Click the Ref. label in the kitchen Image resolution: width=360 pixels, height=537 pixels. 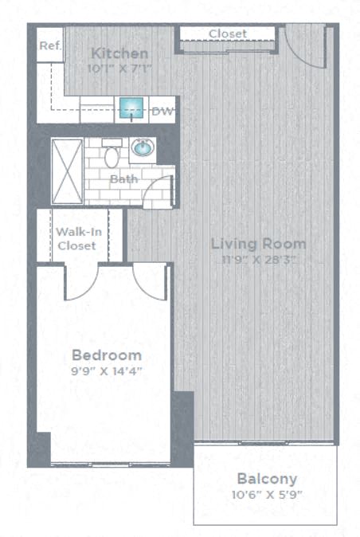pyautogui.click(x=49, y=46)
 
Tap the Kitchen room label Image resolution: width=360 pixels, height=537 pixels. pyautogui.click(x=119, y=54)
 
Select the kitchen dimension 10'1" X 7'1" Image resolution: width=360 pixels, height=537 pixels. pyautogui.click(x=119, y=69)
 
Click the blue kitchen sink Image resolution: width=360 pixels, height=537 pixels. pyautogui.click(x=132, y=109)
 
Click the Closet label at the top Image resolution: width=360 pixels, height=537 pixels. pyautogui.click(x=227, y=33)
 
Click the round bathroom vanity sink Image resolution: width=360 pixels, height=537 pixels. pyautogui.click(x=143, y=148)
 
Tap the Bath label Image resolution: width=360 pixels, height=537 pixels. pyautogui.click(x=123, y=179)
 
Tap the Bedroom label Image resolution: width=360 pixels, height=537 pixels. pyautogui.click(x=107, y=355)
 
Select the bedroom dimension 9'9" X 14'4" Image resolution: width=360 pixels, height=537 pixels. pyautogui.click(x=107, y=370)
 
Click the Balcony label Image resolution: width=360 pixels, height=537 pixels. pyautogui.click(x=266, y=479)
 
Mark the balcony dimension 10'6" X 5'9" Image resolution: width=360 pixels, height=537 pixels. pyautogui.click(x=266, y=494)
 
